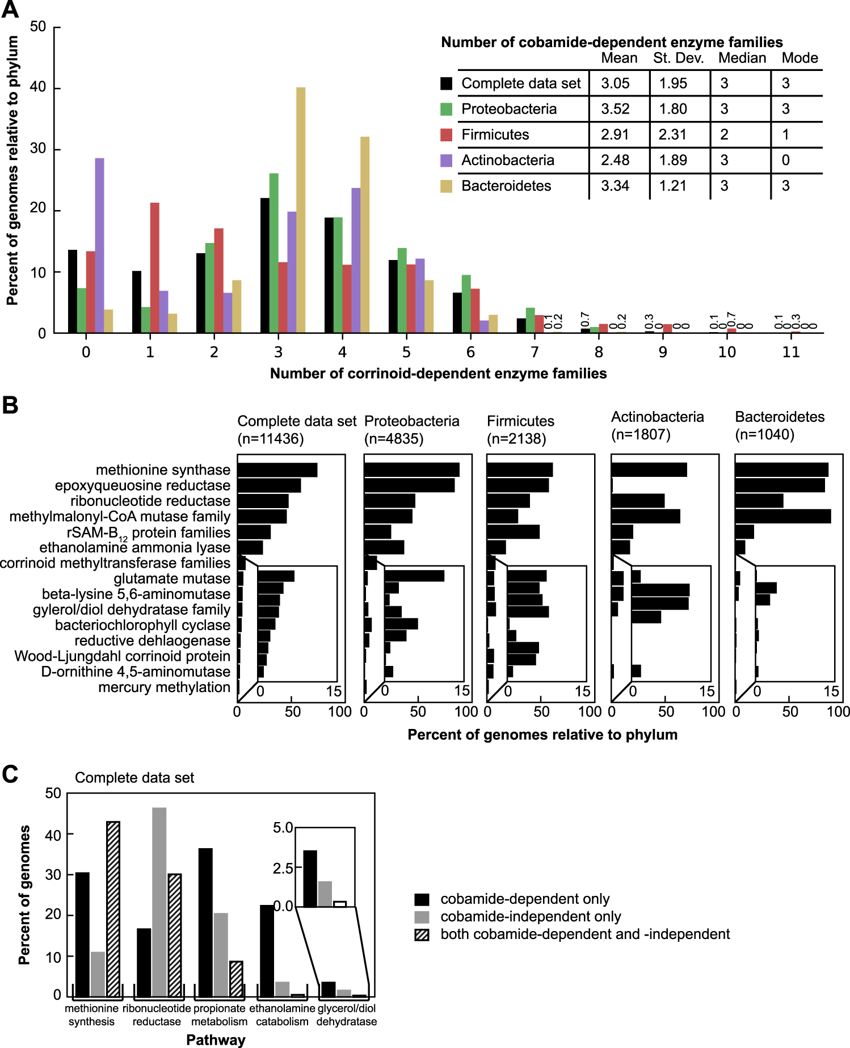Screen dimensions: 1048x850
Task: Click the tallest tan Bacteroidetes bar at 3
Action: point(301,210)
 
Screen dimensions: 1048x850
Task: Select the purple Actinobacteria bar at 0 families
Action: point(99,245)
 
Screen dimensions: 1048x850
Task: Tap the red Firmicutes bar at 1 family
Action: point(154,267)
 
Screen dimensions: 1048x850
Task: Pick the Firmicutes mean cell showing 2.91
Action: point(615,135)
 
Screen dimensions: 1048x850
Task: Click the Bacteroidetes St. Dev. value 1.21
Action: point(673,186)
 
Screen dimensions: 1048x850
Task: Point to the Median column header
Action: point(742,58)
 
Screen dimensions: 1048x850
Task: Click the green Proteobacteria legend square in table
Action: point(447,109)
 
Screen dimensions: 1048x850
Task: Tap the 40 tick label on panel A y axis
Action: point(38,87)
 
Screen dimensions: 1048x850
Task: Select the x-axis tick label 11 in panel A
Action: point(790,353)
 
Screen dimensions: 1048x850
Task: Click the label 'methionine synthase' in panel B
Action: point(163,470)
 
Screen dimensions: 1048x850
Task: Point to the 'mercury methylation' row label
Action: point(164,688)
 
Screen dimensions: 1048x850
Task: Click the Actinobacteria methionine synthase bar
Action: point(649,470)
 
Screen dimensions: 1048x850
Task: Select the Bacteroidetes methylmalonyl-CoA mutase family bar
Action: point(782,517)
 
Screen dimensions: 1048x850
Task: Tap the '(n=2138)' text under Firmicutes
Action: point(516,439)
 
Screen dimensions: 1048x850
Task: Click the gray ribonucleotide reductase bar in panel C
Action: point(159,902)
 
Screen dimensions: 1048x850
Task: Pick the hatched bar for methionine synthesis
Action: point(113,908)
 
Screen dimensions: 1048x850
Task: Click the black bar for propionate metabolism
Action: point(205,922)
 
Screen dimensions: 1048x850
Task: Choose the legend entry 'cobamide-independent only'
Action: point(530,917)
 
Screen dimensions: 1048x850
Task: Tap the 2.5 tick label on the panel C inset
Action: point(283,868)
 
